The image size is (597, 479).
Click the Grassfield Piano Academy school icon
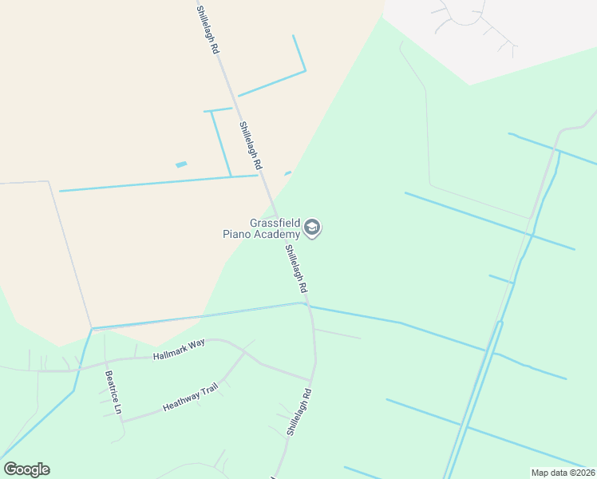[313, 229]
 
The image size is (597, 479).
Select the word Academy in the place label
[278, 234]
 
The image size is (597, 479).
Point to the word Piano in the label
[238, 234]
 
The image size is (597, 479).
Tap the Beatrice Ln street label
[112, 391]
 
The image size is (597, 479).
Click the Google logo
[26, 469]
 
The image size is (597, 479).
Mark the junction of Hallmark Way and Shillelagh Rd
[310, 379]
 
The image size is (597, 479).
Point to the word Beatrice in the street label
[110, 386]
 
